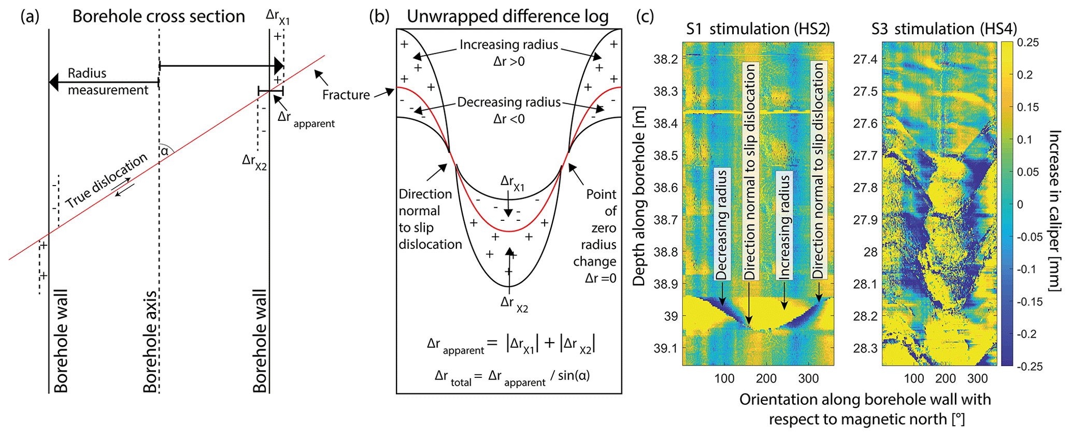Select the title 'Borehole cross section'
[x=159, y=17]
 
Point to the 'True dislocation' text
[x=106, y=181]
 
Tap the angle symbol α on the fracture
[x=164, y=151]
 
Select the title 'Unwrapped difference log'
[x=507, y=17]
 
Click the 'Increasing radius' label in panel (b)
[x=509, y=45]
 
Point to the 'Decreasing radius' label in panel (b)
[x=509, y=102]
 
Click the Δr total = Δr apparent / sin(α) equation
[x=512, y=376]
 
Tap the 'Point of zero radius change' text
[x=596, y=236]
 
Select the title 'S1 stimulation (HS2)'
[x=758, y=29]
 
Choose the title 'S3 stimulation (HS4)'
[x=944, y=29]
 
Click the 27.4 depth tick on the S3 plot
[x=865, y=60]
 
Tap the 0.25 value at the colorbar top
[x=1028, y=43]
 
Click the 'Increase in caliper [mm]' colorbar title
[x=1055, y=210]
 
